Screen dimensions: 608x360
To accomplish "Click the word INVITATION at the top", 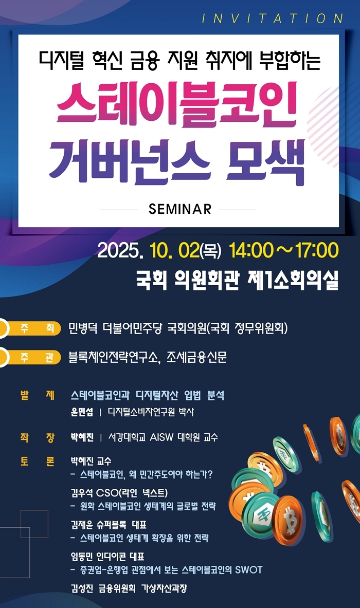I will [272, 19].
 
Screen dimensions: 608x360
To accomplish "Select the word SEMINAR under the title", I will [179, 209].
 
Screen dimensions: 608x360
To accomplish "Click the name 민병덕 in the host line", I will [83, 328].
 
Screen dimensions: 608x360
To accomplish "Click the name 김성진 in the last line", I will [82, 589].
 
